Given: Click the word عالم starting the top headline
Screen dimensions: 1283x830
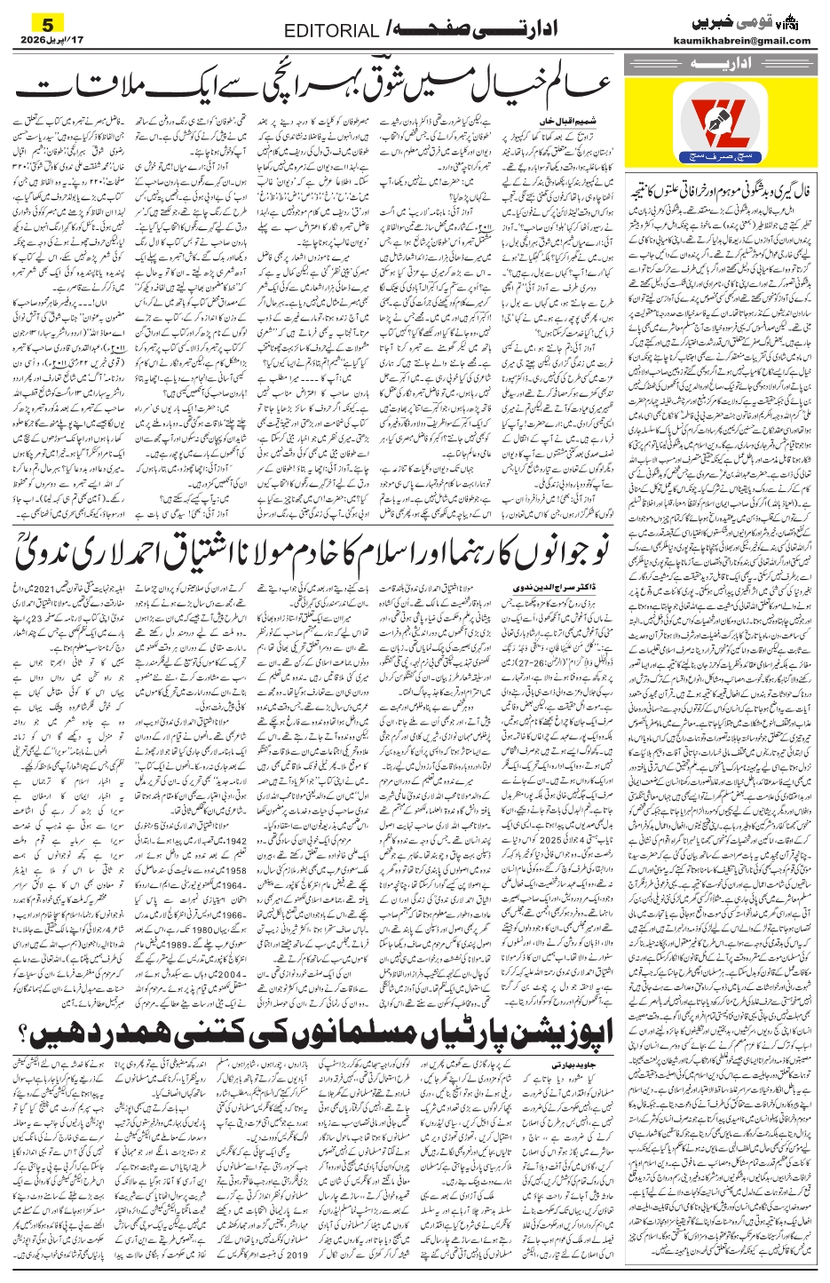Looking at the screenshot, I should pos(572,88).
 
